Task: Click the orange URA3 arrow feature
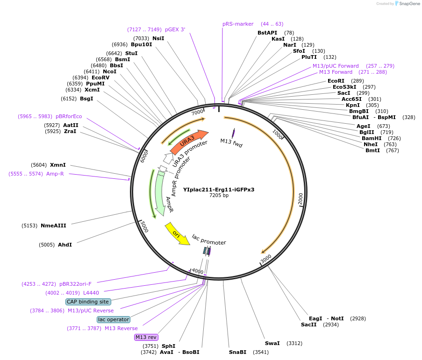pyautogui.click(x=189, y=142)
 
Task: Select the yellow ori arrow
pyautogui.click(x=177, y=234)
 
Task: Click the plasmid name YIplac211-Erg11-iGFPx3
pyautogui.click(x=219, y=190)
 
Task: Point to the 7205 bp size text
pyautogui.click(x=219, y=196)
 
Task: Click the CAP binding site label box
pyautogui.click(x=88, y=302)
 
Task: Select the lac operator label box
pyautogui.click(x=114, y=319)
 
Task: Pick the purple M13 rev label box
pyautogui.click(x=146, y=337)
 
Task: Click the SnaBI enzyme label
pyautogui.click(x=237, y=352)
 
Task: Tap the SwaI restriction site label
pyautogui.click(x=272, y=343)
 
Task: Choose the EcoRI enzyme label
pyautogui.click(x=336, y=81)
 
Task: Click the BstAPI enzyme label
pyautogui.click(x=267, y=33)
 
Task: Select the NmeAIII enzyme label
pyautogui.click(x=53, y=226)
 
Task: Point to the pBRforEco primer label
pyautogui.click(x=69, y=116)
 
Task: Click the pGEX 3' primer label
pyautogui.click(x=175, y=29)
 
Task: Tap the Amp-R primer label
pyautogui.click(x=55, y=174)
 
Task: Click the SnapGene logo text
pyautogui.click(x=408, y=4)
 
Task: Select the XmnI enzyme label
pyautogui.click(x=58, y=165)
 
